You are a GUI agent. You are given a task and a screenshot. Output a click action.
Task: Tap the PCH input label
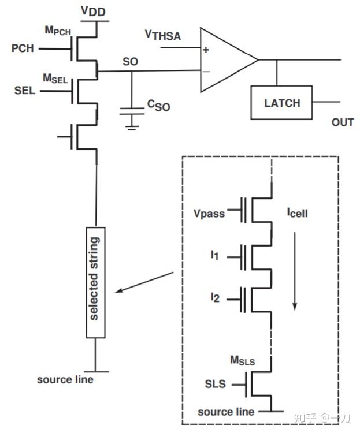tap(23, 49)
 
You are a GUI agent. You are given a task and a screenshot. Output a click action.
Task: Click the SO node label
tap(131, 61)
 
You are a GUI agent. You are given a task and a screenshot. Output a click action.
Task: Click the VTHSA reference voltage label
tap(162, 36)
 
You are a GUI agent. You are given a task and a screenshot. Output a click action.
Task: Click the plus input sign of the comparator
tap(206, 50)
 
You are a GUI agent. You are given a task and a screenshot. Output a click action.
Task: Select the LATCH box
tap(281, 103)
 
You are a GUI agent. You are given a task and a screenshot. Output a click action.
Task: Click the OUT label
tap(342, 122)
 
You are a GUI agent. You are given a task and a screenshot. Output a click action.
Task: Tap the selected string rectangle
tap(96, 282)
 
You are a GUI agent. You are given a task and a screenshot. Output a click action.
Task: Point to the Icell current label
tap(298, 214)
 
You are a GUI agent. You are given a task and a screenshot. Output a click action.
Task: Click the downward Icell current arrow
tap(295, 271)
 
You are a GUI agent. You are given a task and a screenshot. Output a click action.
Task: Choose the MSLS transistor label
tap(242, 361)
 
